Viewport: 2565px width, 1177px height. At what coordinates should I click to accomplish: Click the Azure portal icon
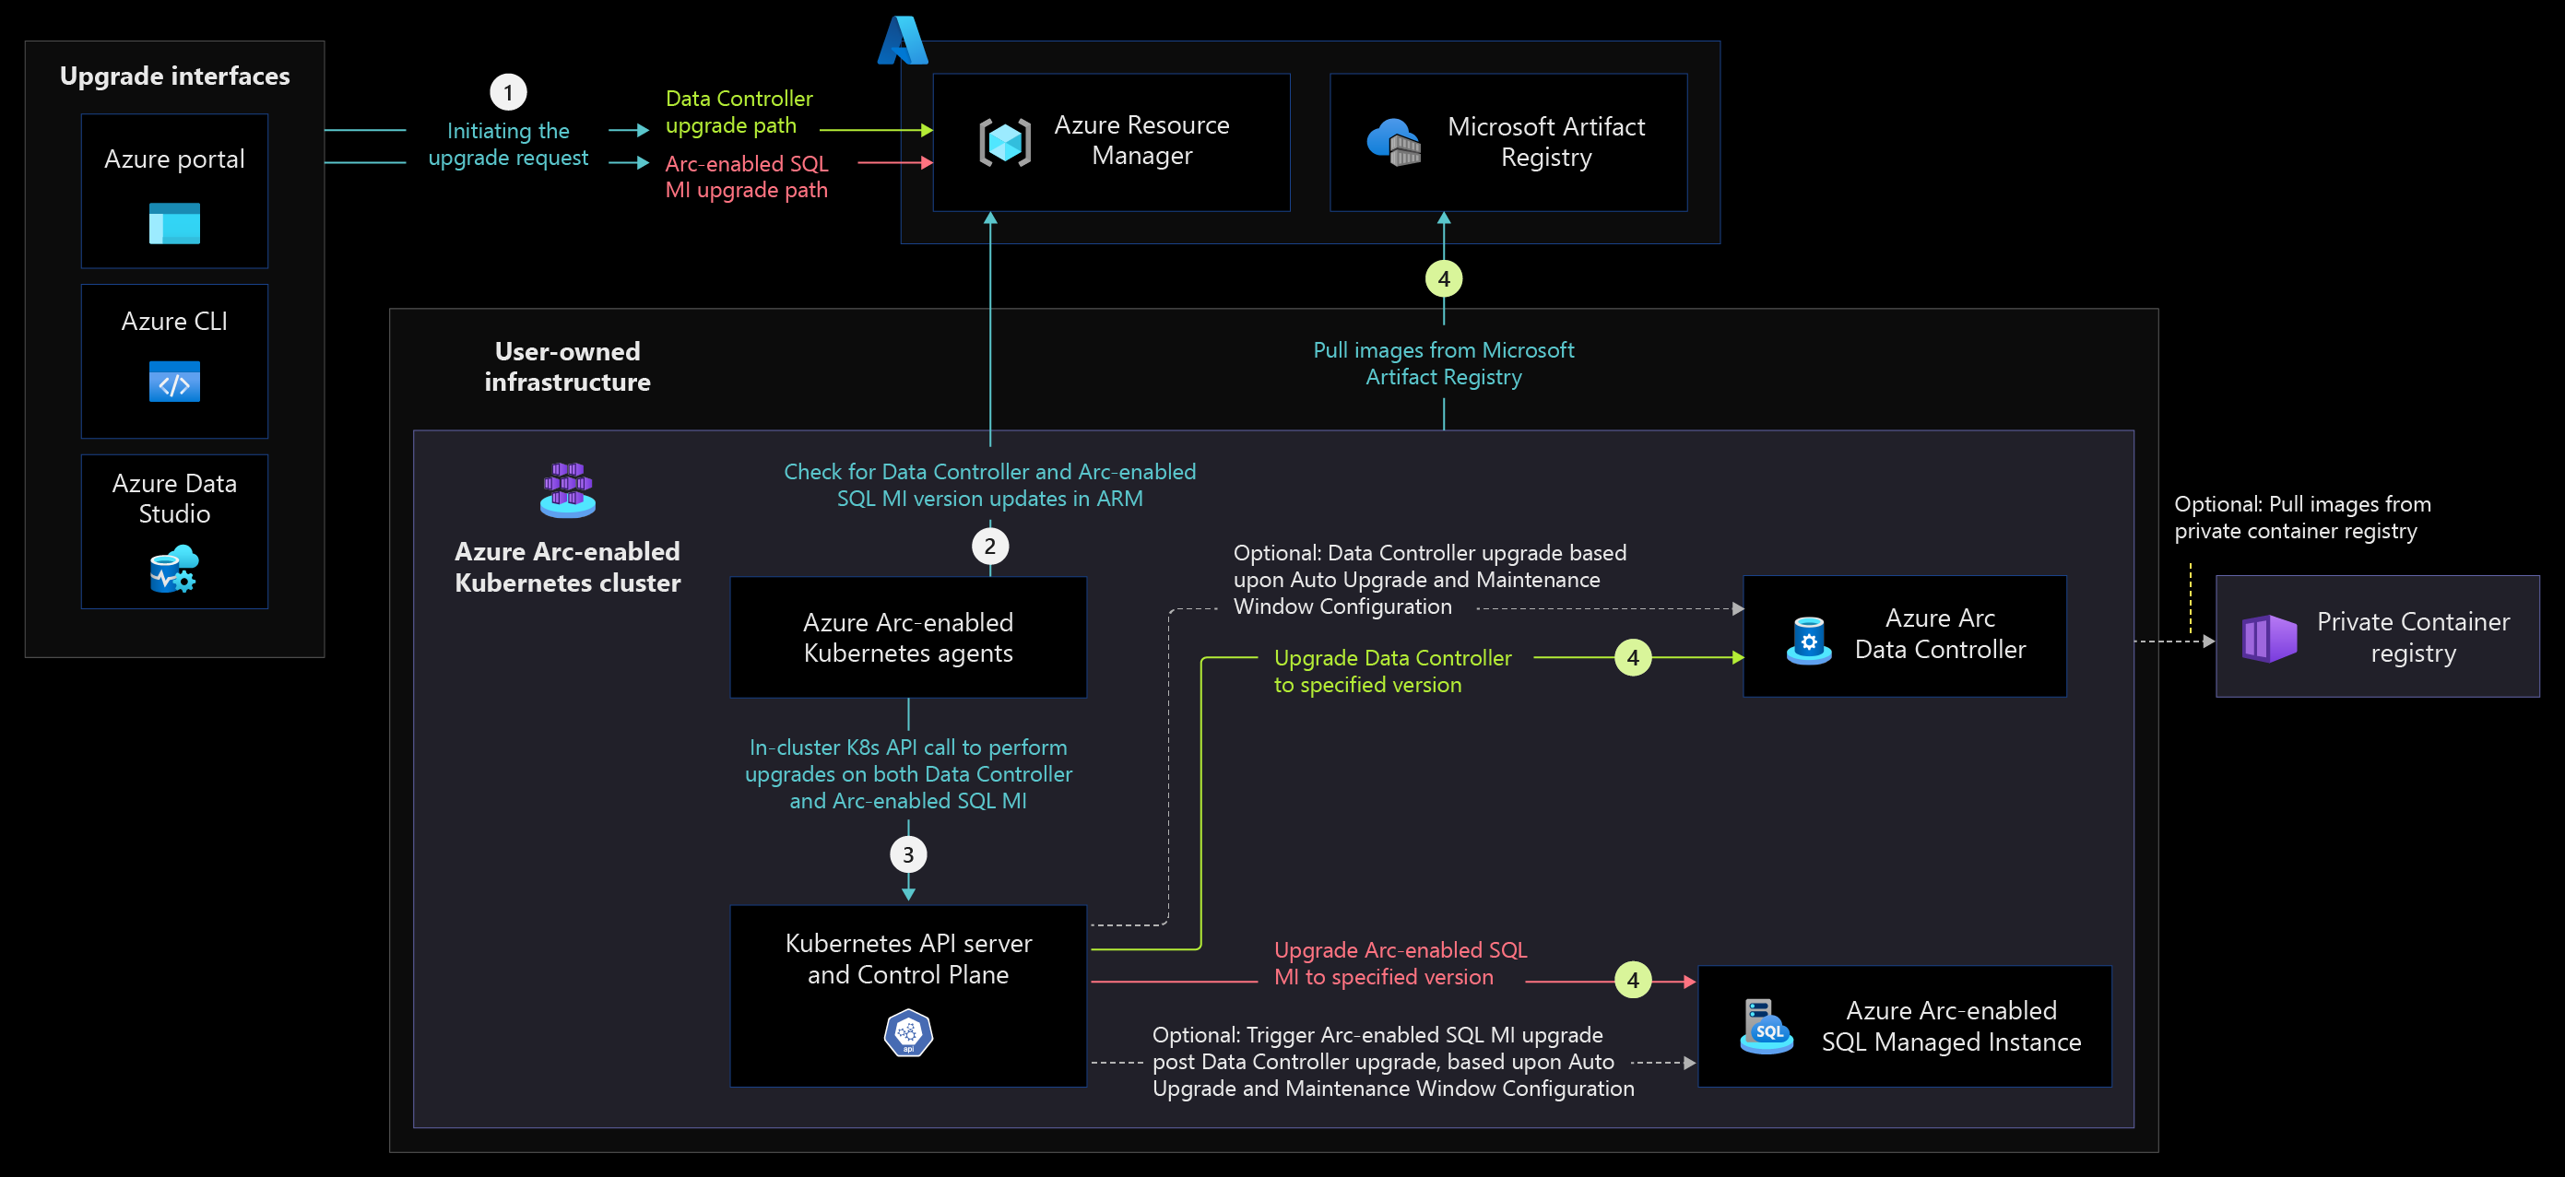tap(174, 223)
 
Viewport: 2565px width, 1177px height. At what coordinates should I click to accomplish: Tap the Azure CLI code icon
tap(174, 383)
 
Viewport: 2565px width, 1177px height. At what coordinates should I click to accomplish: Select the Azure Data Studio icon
tap(174, 569)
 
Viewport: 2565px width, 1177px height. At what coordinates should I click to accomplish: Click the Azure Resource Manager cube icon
tap(1005, 141)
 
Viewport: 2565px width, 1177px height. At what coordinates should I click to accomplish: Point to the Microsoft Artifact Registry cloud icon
tap(1394, 141)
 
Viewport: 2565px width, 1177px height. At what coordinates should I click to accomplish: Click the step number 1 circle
tap(508, 92)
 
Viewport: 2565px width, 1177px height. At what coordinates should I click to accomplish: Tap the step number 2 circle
tap(989, 546)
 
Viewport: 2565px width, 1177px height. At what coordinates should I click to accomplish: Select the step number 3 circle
tap(908, 854)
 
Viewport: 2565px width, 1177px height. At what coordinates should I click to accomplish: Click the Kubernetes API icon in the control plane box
tap(908, 1032)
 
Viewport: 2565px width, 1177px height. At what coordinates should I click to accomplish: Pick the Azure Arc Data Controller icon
tap(1809, 640)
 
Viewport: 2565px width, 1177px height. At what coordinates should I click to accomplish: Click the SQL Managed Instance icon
tap(1767, 1026)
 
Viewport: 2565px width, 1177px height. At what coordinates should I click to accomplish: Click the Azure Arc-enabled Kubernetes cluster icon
tap(568, 488)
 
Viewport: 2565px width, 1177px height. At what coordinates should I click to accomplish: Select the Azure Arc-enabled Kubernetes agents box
tap(908, 637)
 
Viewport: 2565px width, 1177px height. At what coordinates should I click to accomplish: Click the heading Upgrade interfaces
tap(175, 76)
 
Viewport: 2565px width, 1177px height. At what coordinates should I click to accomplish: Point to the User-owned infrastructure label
tap(568, 367)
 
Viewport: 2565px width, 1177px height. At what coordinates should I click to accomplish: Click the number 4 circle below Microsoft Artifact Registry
tap(1444, 279)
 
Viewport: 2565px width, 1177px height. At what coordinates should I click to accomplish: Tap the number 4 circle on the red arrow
tap(1633, 981)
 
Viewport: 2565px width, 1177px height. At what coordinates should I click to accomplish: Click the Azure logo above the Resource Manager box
tap(904, 40)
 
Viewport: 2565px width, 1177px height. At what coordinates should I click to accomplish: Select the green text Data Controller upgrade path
tap(739, 112)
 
